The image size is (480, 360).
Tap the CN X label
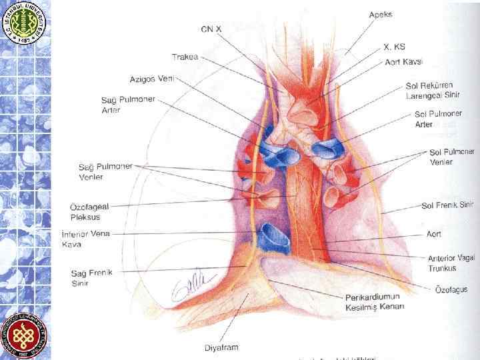211,29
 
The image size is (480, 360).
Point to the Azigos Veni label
151,79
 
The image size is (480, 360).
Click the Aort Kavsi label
404,61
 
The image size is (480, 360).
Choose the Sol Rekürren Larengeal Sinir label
433,91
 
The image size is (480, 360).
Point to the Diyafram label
221,347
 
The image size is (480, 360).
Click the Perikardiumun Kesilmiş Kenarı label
375,302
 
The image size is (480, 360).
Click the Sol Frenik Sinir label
447,205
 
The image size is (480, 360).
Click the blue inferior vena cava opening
273,237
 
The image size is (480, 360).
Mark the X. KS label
394,47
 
